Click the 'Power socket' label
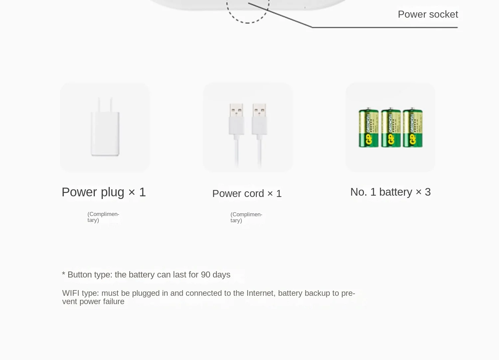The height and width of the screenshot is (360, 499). (428, 14)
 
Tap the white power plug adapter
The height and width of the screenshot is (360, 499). (105, 133)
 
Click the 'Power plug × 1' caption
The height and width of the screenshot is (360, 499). (103, 192)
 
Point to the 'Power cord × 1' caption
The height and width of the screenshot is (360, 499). (247, 193)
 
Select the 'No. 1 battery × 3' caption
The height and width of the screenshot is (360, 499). (390, 192)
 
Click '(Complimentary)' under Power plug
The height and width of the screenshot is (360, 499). (103, 217)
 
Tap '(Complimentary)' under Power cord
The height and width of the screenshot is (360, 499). (246, 217)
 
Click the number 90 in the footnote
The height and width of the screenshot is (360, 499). (206, 274)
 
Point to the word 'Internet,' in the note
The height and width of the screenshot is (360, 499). (261, 293)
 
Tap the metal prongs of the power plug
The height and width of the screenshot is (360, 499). (105, 103)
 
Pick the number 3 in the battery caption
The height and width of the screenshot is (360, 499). (427, 192)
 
